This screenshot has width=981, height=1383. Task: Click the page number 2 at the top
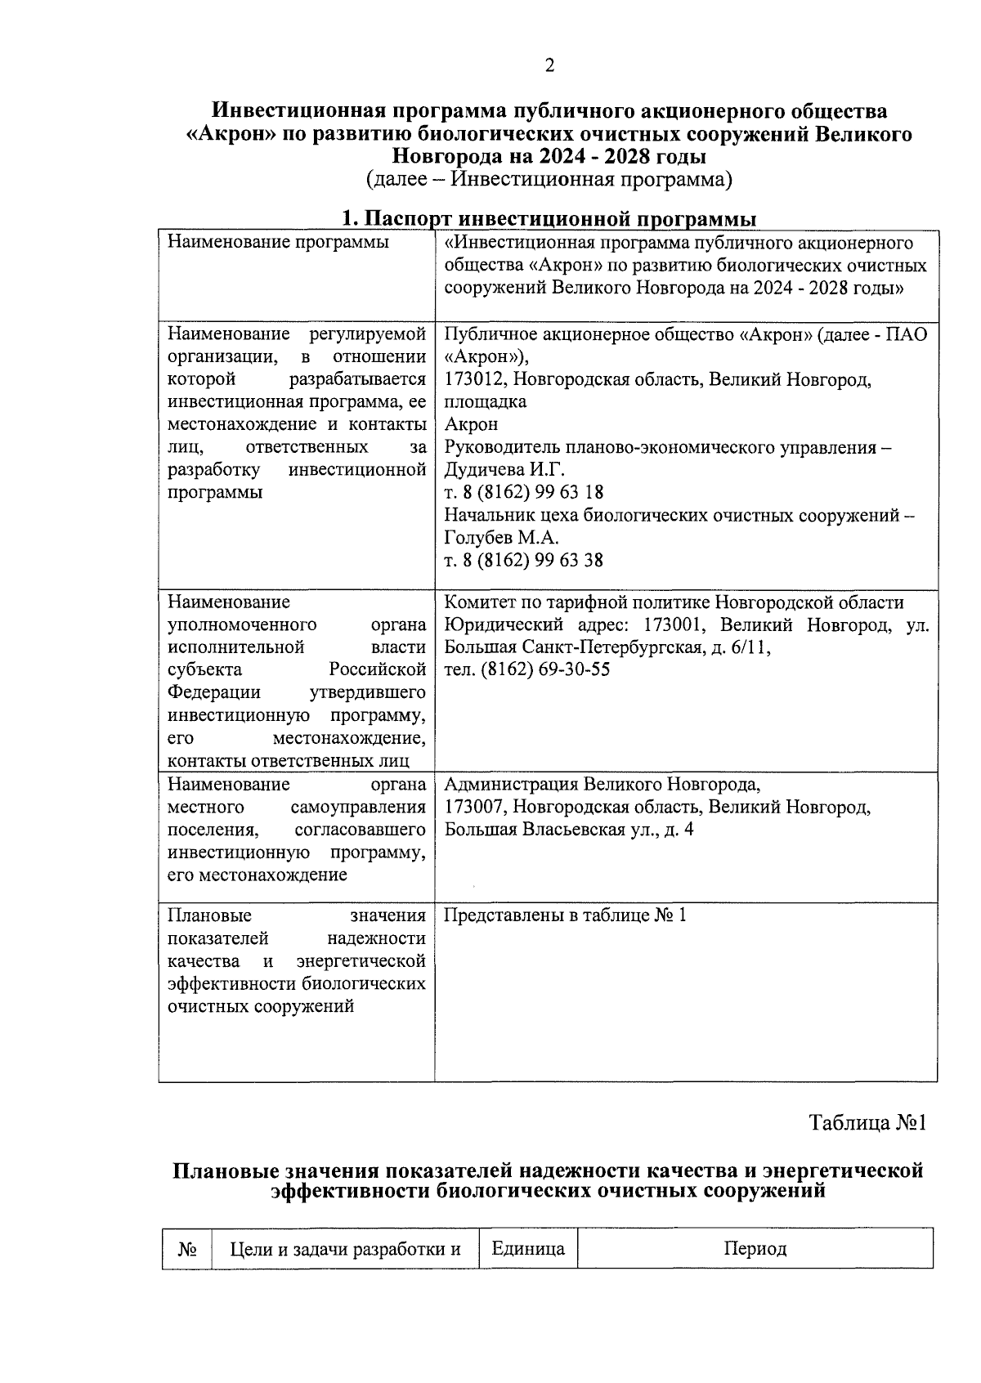549,65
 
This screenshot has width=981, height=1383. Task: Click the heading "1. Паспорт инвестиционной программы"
549,219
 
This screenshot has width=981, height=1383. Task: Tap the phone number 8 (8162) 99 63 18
531,492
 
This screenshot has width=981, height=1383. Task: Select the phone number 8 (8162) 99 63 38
531,560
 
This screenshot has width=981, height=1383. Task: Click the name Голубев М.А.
501,538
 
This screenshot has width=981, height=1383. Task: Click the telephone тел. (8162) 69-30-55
526,670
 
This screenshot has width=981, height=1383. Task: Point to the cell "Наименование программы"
278,243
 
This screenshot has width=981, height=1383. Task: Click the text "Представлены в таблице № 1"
565,915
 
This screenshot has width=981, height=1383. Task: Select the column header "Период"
755,1249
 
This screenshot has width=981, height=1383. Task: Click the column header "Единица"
527,1249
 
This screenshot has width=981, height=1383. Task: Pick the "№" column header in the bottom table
187,1250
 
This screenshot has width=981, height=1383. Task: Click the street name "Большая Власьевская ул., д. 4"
569,830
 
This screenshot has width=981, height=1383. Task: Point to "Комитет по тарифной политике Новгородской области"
674,602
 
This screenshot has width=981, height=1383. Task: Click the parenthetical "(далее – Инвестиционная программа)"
549,178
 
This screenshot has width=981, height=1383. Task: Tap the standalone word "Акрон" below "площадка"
471,424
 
